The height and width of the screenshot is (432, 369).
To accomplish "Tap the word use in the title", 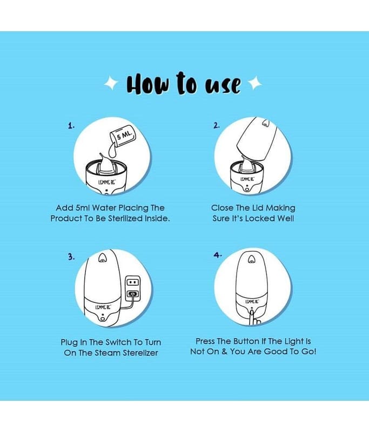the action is [x=223, y=85].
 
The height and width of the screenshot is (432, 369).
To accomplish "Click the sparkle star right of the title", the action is [x=255, y=83].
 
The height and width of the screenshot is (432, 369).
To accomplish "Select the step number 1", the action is [x=71, y=126].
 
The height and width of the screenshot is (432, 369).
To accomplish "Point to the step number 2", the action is [x=217, y=126].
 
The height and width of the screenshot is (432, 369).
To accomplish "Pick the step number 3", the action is [x=71, y=257].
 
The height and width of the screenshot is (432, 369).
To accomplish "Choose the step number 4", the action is [x=217, y=255].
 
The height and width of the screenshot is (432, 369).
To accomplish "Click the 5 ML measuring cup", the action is [x=123, y=136].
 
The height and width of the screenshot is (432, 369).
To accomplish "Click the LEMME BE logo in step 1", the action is [x=106, y=183].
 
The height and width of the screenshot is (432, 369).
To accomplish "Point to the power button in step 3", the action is [x=103, y=319].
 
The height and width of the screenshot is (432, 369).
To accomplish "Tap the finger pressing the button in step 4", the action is [x=253, y=318].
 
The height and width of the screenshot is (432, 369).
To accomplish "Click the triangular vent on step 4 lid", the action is [x=251, y=259].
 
